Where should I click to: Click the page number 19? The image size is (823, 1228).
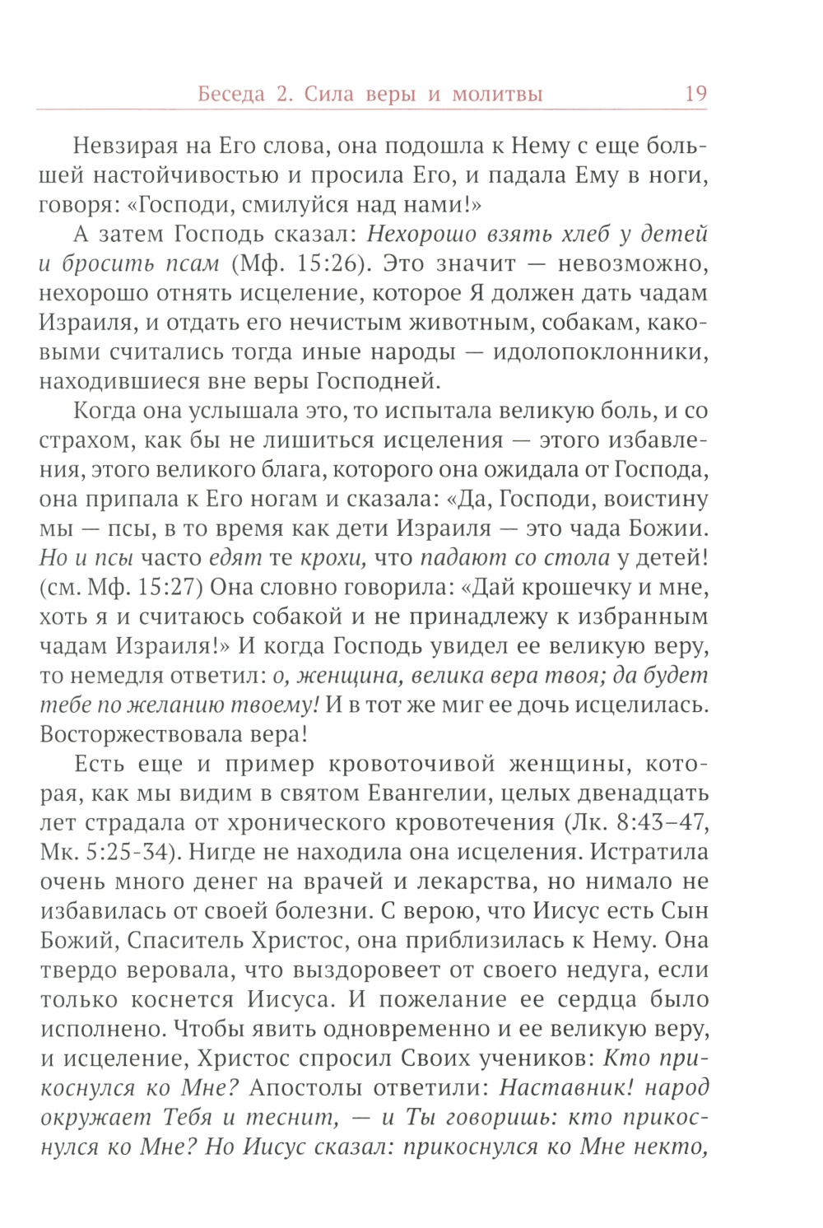click(695, 93)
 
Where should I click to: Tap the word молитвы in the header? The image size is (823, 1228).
click(496, 95)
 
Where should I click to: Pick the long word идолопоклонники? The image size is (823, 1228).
click(600, 352)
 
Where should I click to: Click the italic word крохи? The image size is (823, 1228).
click(332, 557)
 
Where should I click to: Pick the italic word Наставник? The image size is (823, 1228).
click(567, 1087)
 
